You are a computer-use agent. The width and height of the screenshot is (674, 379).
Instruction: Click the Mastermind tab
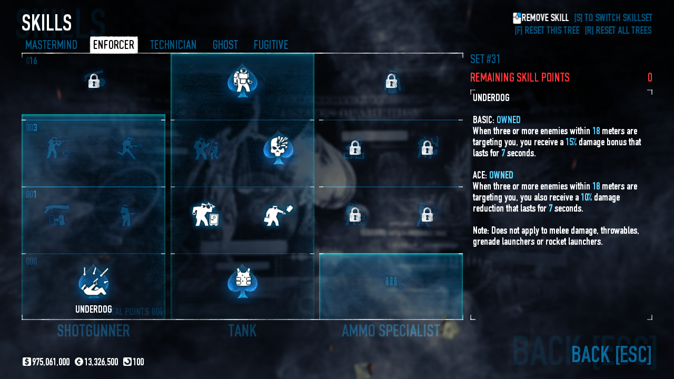click(x=51, y=45)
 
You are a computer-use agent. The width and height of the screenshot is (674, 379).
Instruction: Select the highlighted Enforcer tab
click(x=114, y=45)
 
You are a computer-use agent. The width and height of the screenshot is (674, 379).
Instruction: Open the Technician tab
click(x=173, y=45)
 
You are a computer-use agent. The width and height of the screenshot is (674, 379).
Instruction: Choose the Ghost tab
click(x=225, y=45)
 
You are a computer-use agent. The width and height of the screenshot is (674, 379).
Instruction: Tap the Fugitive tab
click(x=271, y=45)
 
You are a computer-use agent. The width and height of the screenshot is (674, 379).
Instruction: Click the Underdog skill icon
click(x=94, y=282)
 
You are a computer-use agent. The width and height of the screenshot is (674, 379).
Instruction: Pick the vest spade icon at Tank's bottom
click(x=242, y=281)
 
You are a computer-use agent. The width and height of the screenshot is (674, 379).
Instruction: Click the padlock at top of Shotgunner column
click(x=94, y=81)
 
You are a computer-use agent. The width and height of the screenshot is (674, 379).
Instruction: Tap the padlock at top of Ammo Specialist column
click(x=391, y=81)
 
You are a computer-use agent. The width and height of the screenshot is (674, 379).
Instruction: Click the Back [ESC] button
click(x=611, y=354)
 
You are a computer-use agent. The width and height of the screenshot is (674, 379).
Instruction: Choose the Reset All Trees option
click(x=618, y=31)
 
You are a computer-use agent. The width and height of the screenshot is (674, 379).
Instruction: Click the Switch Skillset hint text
click(x=613, y=18)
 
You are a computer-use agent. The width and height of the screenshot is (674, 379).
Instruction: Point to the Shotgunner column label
click(x=93, y=331)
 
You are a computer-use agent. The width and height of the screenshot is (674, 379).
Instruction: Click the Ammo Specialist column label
click(x=390, y=331)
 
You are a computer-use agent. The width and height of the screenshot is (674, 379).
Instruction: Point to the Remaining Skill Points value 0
click(x=650, y=78)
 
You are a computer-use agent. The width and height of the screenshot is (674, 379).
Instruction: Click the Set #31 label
click(x=485, y=59)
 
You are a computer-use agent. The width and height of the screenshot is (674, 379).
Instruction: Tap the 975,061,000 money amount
click(x=51, y=362)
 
